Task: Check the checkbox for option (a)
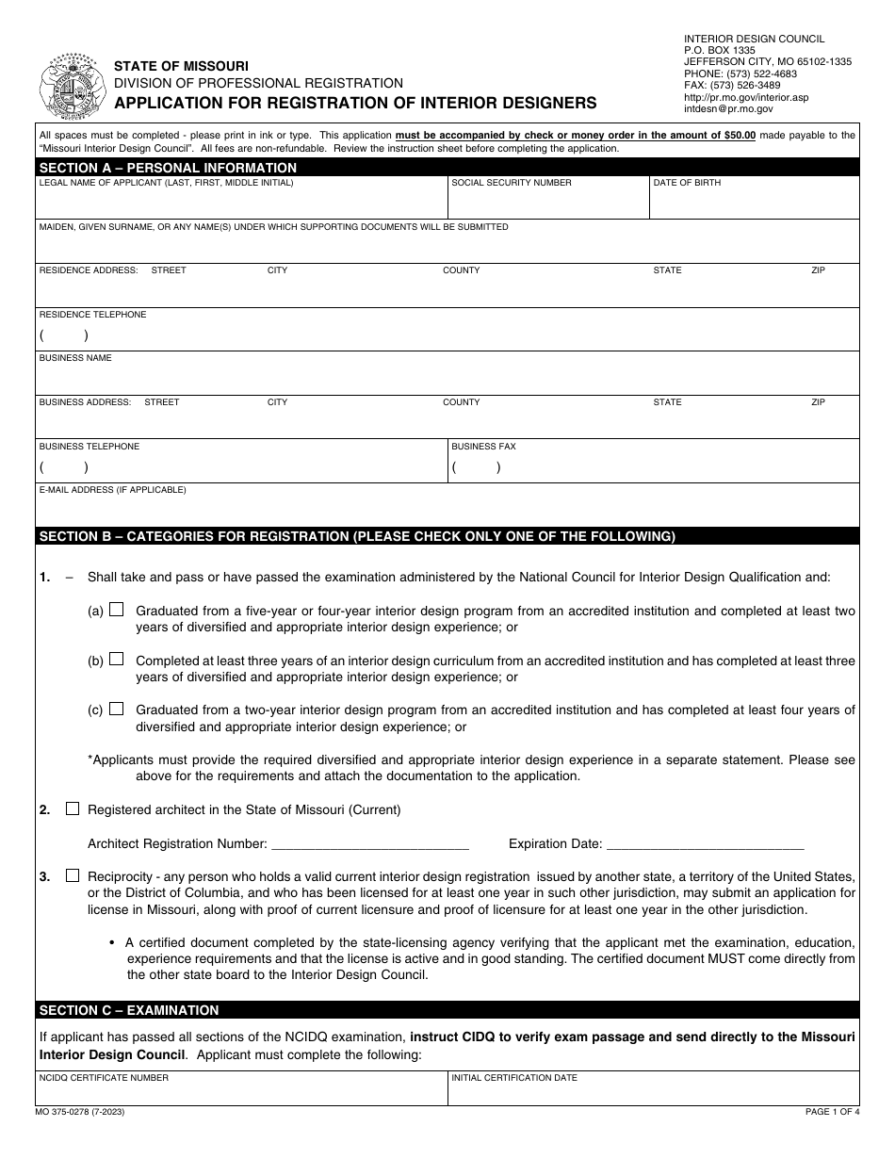116,610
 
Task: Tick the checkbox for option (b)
116,660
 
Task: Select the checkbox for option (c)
116,709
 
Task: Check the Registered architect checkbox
73,808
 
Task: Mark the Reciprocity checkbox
73,875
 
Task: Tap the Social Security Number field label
511,183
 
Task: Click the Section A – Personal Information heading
168,168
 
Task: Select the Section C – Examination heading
129,1010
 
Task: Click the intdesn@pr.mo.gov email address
728,109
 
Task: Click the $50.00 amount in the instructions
733,135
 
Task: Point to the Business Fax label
483,447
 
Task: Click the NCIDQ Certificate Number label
104,1077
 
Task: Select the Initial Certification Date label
514,1077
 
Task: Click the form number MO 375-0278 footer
81,1112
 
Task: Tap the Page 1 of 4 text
831,1112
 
